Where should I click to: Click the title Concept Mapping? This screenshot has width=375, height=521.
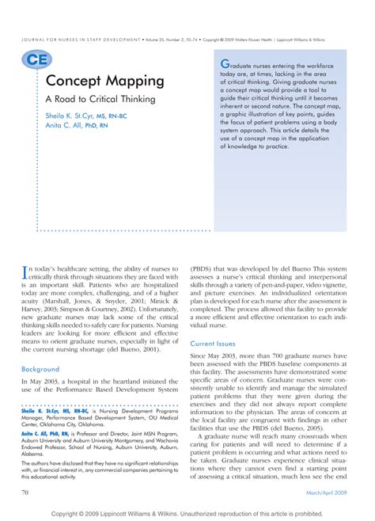click(x=105, y=81)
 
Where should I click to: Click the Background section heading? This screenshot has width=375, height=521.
click(x=40, y=369)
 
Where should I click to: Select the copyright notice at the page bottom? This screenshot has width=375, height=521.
click(x=187, y=512)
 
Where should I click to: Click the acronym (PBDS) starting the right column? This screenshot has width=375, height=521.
click(x=204, y=268)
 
